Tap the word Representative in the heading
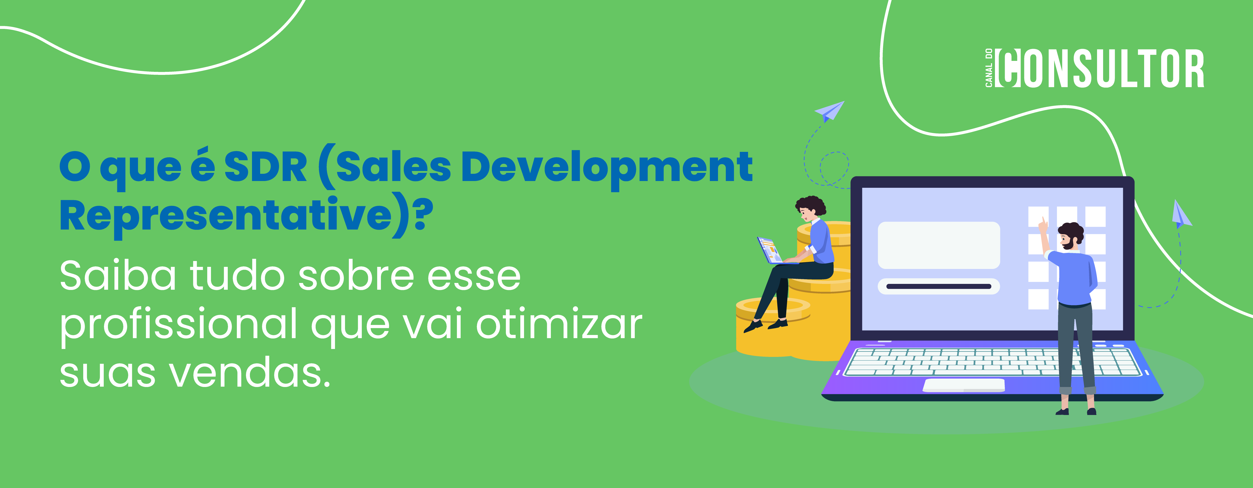point(226,216)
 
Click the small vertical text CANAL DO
point(988,68)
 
